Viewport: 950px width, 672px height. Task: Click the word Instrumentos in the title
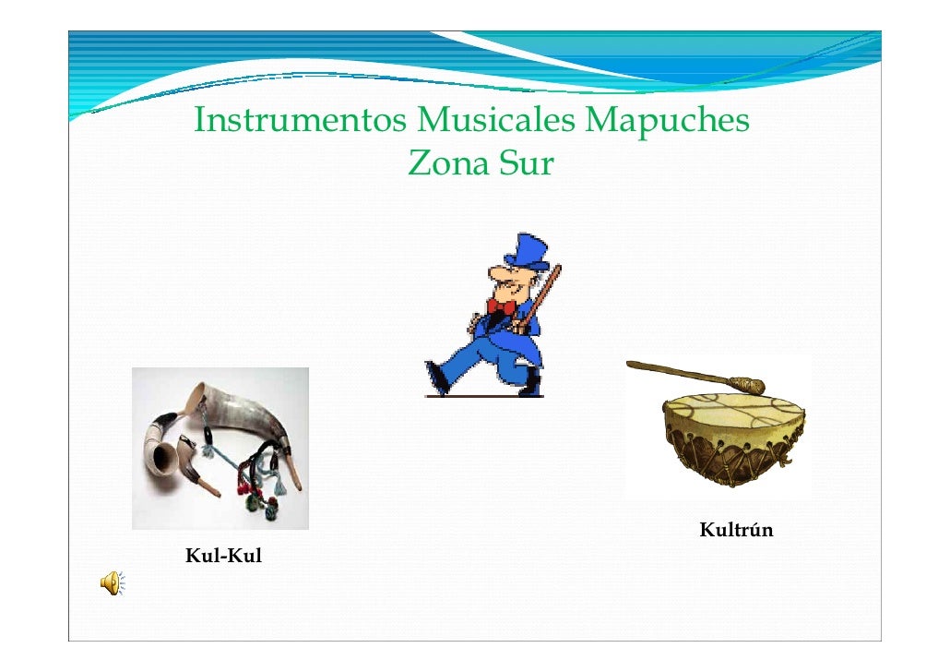pyautogui.click(x=301, y=121)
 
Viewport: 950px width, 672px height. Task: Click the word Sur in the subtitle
pyautogui.click(x=527, y=164)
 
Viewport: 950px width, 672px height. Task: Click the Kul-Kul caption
pyautogui.click(x=224, y=556)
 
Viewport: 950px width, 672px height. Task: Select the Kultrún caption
pyautogui.click(x=736, y=531)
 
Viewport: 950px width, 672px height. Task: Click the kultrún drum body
pyautogui.click(x=732, y=448)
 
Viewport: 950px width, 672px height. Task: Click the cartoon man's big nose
pyautogui.click(x=498, y=276)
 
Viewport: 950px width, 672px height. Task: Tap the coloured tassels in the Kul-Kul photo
pyautogui.click(x=254, y=498)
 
